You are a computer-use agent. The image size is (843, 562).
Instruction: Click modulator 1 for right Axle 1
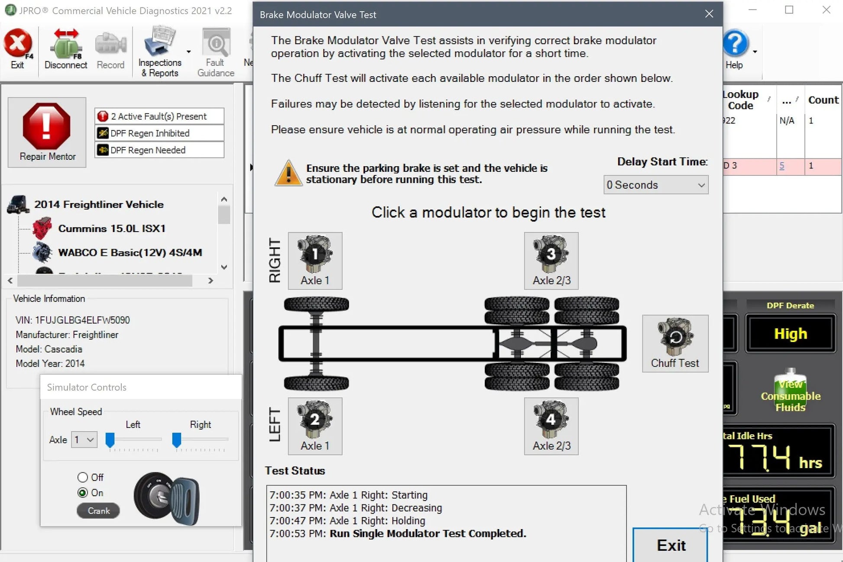pos(315,260)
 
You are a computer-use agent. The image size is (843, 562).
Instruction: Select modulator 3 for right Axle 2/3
pos(551,260)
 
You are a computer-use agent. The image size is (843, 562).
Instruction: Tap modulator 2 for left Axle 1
pos(315,426)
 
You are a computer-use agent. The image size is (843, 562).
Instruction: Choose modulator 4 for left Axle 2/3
pos(551,426)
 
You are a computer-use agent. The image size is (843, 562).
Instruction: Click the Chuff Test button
pos(675,343)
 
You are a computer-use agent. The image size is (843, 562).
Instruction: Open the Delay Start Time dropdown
pos(655,185)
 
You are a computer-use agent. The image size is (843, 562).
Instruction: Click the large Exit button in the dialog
pos(670,545)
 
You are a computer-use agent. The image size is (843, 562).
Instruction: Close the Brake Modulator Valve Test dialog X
pos(709,14)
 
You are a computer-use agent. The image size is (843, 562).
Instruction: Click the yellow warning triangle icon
pos(288,173)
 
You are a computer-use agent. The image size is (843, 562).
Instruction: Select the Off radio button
pos(82,477)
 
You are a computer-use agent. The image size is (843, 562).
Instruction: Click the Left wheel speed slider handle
pos(110,439)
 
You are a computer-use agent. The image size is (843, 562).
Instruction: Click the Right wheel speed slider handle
pos(176,439)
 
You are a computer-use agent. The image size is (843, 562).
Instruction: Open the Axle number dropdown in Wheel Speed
pos(84,440)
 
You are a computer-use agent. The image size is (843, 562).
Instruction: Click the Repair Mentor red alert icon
pos(46,126)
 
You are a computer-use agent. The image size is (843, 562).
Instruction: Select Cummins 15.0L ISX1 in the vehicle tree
pos(111,228)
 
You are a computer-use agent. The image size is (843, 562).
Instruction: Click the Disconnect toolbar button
pos(66,48)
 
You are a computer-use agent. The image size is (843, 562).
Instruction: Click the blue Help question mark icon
pos(735,43)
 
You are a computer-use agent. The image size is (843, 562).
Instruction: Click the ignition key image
pos(167,498)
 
